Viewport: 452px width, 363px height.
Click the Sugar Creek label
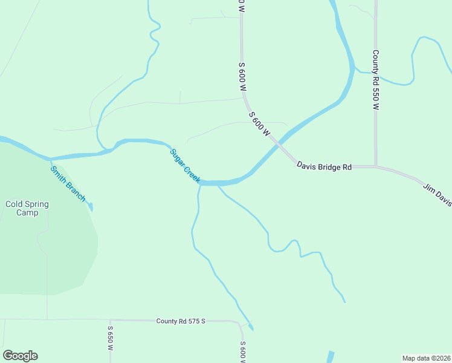pyautogui.click(x=184, y=166)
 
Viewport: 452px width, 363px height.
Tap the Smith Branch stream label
pyautogui.click(x=68, y=184)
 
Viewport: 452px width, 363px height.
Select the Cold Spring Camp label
pyautogui.click(x=27, y=208)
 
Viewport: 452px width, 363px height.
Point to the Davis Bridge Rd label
pyautogui.click(x=324, y=165)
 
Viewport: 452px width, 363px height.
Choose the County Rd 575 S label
pyautogui.click(x=181, y=321)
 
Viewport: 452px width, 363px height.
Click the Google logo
pyautogui.click(x=20, y=356)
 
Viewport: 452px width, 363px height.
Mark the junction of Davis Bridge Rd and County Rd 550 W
pyautogui.click(x=376, y=166)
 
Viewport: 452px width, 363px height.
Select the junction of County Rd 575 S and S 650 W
pyautogui.click(x=109, y=320)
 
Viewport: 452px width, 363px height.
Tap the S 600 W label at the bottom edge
pyautogui.click(x=242, y=352)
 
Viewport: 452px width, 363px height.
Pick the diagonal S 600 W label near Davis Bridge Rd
pyautogui.click(x=259, y=123)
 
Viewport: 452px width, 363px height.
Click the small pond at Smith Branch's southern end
pyautogui.click(x=91, y=208)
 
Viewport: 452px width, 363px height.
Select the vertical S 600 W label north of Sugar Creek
pyautogui.click(x=242, y=77)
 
